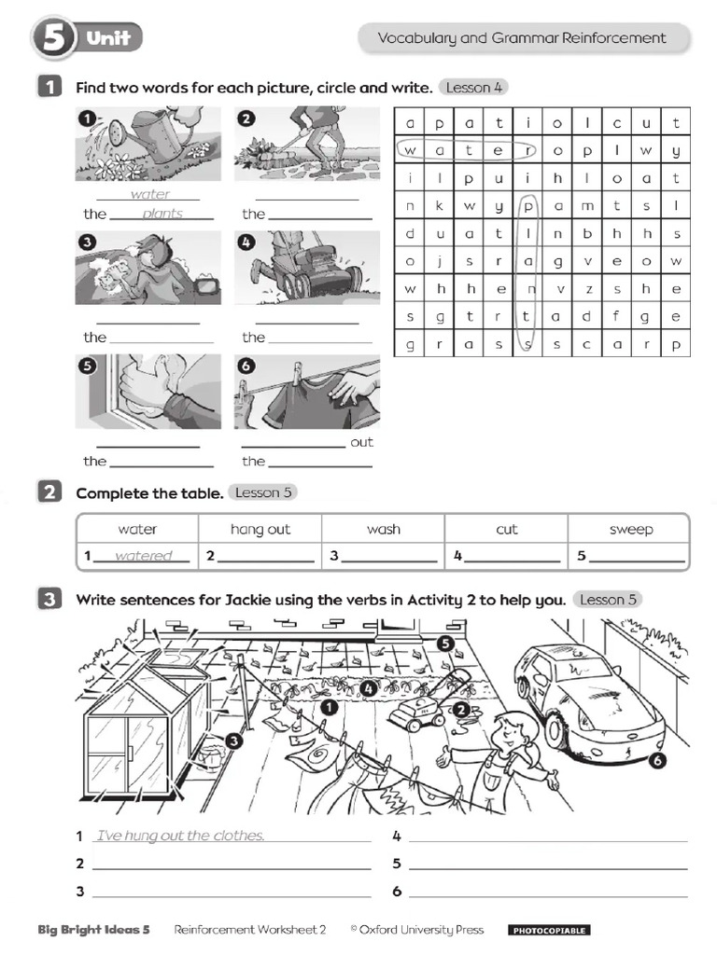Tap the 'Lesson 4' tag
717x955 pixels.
(x=473, y=88)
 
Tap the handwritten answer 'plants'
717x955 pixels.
(x=162, y=214)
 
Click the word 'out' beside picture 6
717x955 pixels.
(x=361, y=442)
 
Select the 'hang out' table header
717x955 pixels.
(x=260, y=529)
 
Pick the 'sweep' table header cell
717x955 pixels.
(x=630, y=529)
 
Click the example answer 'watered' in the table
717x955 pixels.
(x=144, y=556)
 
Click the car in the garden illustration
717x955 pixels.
(x=587, y=694)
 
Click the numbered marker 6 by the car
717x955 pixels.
(x=657, y=761)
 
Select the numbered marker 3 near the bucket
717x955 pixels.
(x=234, y=740)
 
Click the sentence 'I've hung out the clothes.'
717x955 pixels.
(x=180, y=836)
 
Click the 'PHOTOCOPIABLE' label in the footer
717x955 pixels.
(x=548, y=930)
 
